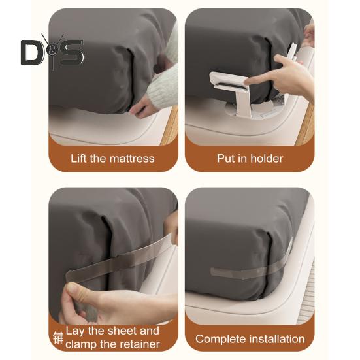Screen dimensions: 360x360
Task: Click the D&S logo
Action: [52, 52]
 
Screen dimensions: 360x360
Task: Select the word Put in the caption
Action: [226, 159]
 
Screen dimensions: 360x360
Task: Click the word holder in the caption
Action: [268, 159]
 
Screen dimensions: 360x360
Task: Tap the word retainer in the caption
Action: [139, 344]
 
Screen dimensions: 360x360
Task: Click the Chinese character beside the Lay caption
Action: [58, 338]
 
